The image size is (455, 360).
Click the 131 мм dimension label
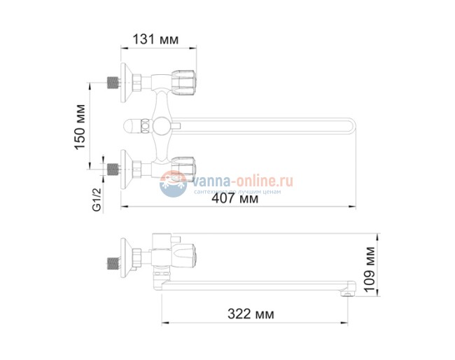click(x=158, y=40)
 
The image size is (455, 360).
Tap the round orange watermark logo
click(x=171, y=184)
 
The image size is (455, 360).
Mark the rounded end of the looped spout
click(x=352, y=127)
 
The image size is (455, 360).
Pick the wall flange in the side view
click(x=128, y=259)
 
